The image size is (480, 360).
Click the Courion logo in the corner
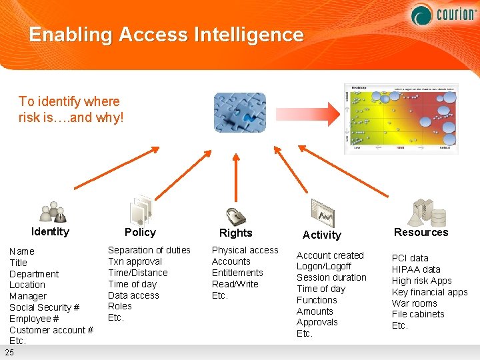(x=441, y=14)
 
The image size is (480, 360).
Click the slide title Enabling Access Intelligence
(x=166, y=35)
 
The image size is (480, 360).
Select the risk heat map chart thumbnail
(x=401, y=118)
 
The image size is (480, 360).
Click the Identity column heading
(x=50, y=231)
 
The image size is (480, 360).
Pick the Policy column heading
(x=140, y=232)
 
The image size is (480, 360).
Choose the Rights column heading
(x=236, y=233)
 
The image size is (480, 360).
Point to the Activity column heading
(x=321, y=235)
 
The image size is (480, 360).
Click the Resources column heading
(x=421, y=232)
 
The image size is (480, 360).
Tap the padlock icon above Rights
(x=235, y=215)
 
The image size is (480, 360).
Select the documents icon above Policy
(x=141, y=210)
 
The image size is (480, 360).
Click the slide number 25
(x=9, y=352)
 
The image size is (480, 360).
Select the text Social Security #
(x=44, y=307)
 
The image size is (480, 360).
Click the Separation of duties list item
(x=149, y=250)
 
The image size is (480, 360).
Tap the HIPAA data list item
(x=416, y=269)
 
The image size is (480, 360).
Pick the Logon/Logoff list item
(x=324, y=266)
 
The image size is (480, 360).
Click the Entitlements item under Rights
(x=237, y=273)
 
